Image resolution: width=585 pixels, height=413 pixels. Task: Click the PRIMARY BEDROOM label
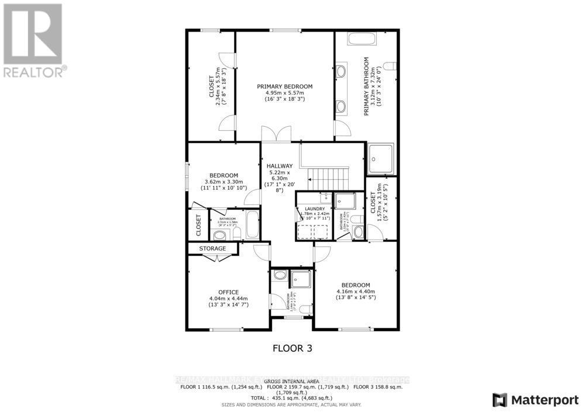(285, 86)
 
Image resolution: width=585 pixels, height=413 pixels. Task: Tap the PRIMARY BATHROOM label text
(367, 86)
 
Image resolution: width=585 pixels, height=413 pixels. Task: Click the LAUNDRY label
(314, 209)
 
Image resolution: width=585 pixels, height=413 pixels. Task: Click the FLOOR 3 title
(292, 348)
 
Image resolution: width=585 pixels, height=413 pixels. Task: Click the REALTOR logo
(35, 41)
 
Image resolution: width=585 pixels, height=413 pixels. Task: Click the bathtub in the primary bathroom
(363, 40)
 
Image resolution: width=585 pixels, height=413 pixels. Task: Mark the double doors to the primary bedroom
(276, 134)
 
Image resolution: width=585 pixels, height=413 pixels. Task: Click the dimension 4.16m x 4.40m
(355, 291)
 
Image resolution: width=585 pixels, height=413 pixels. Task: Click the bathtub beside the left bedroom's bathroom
(252, 225)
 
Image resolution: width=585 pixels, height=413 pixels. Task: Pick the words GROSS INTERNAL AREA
(292, 380)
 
